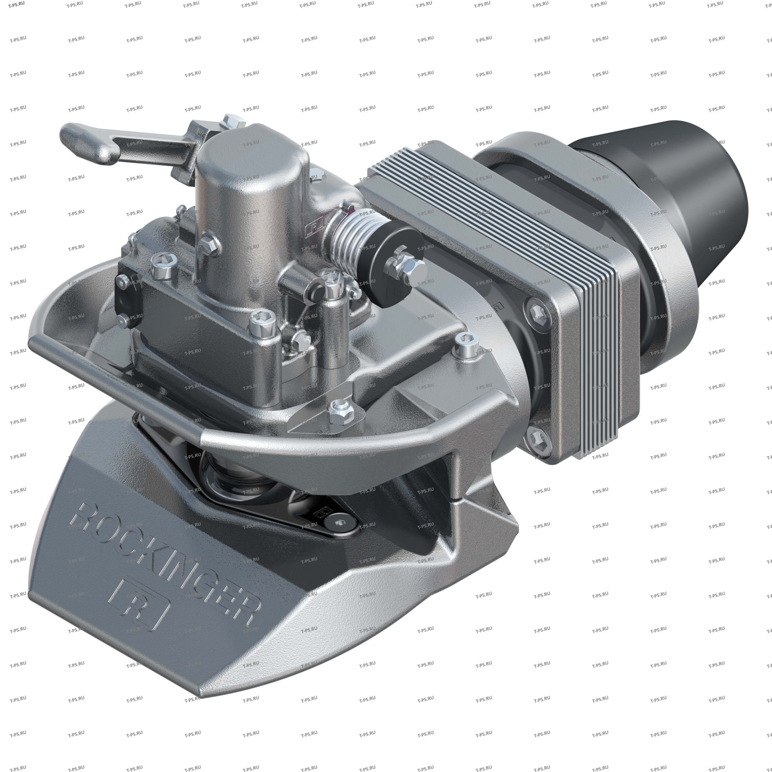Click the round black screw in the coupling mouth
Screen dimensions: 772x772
339,523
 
